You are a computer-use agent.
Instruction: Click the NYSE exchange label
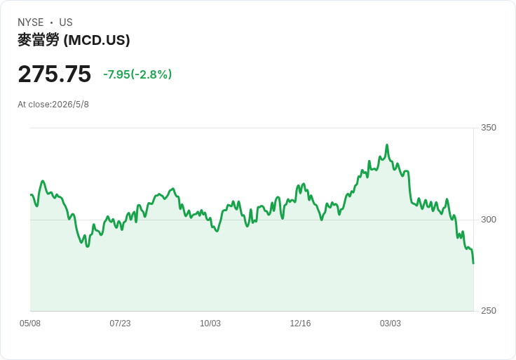pyautogui.click(x=31, y=22)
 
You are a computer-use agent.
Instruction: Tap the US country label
pyautogui.click(x=66, y=22)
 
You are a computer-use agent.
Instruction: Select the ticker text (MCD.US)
pyautogui.click(x=97, y=40)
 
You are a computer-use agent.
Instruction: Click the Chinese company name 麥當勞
pyautogui.click(x=39, y=40)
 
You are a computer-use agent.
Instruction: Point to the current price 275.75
pyautogui.click(x=54, y=74)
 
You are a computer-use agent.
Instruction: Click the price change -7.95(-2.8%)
pyautogui.click(x=137, y=74)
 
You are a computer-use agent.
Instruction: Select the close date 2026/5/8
pyautogui.click(x=70, y=105)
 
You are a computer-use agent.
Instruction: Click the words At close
pyautogui.click(x=34, y=105)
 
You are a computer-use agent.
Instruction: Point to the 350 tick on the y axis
pyautogui.click(x=489, y=128)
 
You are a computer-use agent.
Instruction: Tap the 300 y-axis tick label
pyautogui.click(x=489, y=220)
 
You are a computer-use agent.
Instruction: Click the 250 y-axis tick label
pyautogui.click(x=489, y=311)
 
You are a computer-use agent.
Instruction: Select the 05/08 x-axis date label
pyautogui.click(x=30, y=324)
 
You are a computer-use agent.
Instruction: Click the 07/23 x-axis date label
pyautogui.click(x=120, y=324)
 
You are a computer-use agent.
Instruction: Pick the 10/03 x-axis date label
pyautogui.click(x=210, y=324)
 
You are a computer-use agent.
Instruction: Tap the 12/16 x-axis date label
pyautogui.click(x=300, y=324)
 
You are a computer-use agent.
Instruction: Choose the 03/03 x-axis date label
pyautogui.click(x=391, y=324)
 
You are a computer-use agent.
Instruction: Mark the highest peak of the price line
pyautogui.click(x=387, y=145)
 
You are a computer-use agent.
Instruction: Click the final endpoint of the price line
pyautogui.click(x=473, y=263)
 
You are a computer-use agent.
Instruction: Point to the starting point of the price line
pyautogui.click(x=31, y=194)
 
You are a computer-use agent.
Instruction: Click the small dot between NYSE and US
pyautogui.click(x=51, y=22)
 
